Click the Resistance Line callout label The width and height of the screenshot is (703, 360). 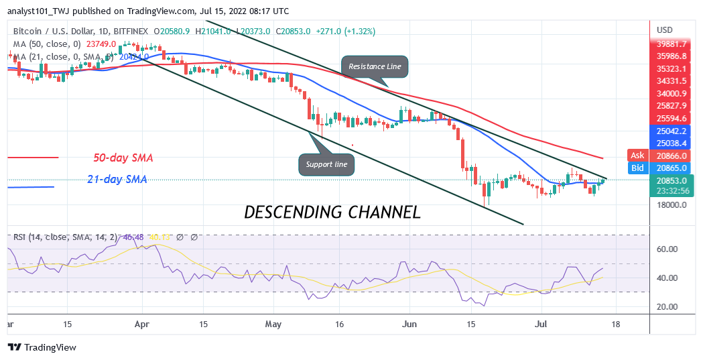[x=375, y=66]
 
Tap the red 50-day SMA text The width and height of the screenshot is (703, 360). [x=123, y=158]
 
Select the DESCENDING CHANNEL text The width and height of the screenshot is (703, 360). [x=332, y=213]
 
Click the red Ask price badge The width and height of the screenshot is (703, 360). [x=638, y=155]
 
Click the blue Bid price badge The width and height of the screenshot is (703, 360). [x=638, y=167]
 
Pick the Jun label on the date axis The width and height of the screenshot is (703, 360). [x=409, y=323]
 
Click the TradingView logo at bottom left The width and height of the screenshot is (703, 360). [x=42, y=347]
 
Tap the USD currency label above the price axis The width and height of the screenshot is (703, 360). [x=665, y=30]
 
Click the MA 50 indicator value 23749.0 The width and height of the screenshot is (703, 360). [x=97, y=44]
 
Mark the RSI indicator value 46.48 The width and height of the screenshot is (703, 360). [x=133, y=237]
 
